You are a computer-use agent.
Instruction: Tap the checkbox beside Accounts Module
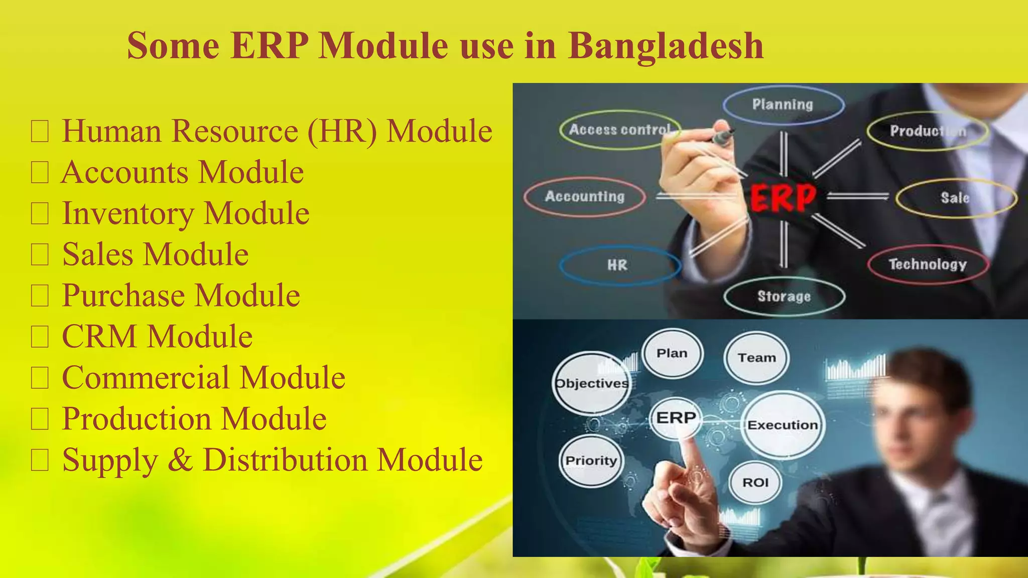(40, 173)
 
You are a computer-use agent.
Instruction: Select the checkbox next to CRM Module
(40, 337)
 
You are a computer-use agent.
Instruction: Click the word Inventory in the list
(127, 214)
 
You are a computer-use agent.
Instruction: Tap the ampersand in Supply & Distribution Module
(180, 460)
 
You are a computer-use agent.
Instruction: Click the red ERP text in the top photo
(783, 198)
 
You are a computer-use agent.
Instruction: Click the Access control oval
(620, 130)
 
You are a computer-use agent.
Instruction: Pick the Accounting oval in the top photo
(585, 196)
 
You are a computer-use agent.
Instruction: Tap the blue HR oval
(619, 265)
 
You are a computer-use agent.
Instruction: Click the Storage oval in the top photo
(784, 297)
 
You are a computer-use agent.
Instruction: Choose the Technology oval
(928, 264)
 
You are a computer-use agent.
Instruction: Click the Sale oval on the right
(955, 198)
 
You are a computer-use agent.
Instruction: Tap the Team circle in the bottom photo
(756, 358)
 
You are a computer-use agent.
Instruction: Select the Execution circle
(783, 425)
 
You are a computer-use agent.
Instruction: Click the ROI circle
(755, 483)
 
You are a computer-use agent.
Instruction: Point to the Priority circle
(591, 461)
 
